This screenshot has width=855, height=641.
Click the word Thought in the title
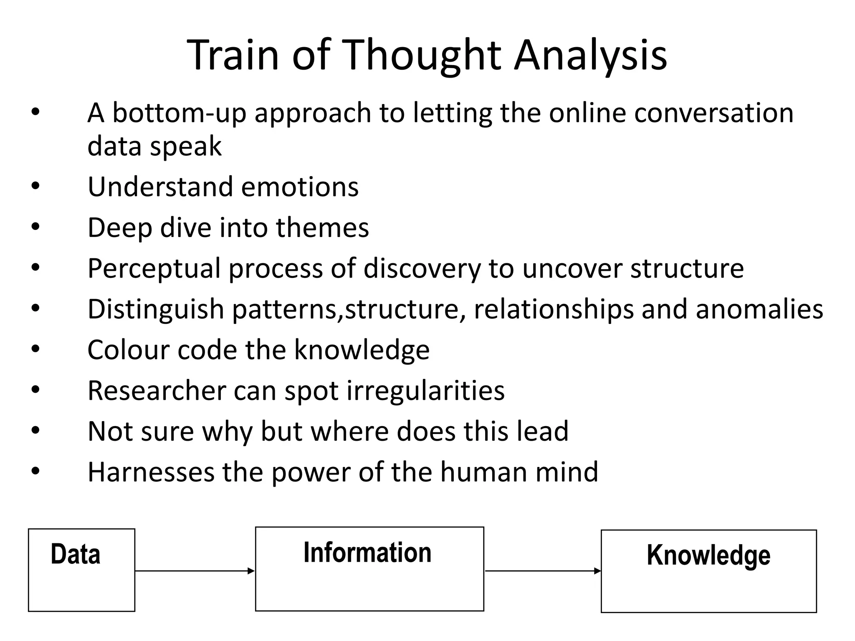[x=422, y=56]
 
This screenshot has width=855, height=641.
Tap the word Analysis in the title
[x=590, y=56]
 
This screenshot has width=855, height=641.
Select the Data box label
[x=76, y=554]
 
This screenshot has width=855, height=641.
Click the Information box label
[x=367, y=553]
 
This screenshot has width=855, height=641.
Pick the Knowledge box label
[x=708, y=555]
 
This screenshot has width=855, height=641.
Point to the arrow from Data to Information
[x=195, y=571]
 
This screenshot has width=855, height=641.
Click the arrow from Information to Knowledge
[x=543, y=571]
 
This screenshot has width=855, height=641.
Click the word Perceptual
[x=154, y=268]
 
